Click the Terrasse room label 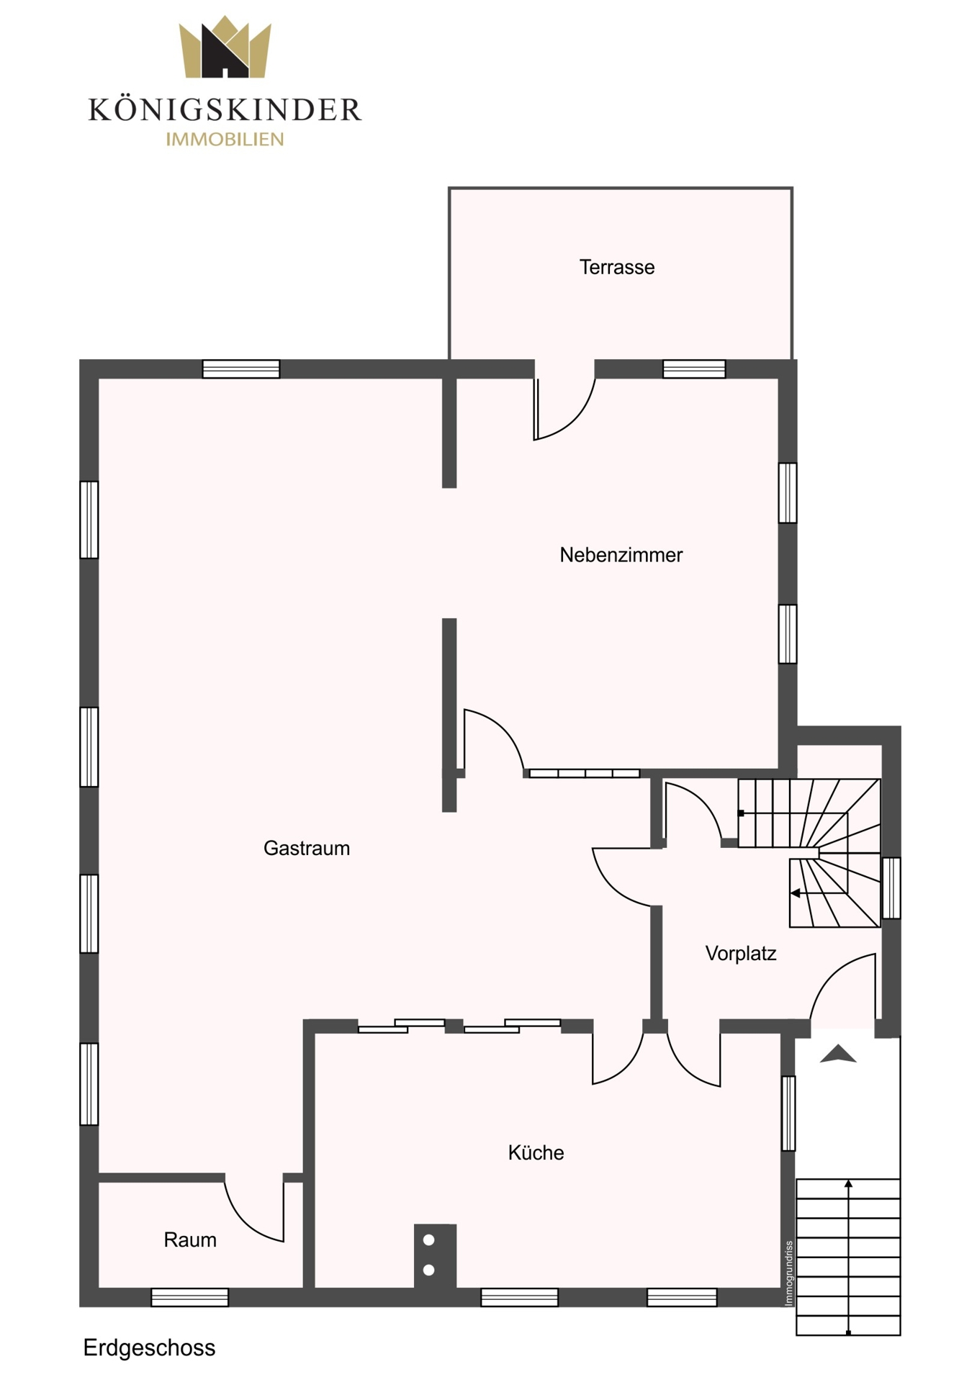point(617,267)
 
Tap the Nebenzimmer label point(621,555)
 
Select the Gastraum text point(307,848)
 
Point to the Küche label point(536,1152)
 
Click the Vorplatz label point(741,954)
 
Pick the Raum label point(190,1239)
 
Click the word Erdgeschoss point(149,1347)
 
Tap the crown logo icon point(225,47)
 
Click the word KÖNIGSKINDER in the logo point(225,110)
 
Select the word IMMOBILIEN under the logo point(225,140)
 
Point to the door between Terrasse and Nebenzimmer point(564,407)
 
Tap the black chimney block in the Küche point(435,1255)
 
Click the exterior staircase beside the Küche point(848,1257)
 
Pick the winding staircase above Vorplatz point(809,853)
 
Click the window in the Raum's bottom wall point(190,1297)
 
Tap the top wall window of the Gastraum point(241,369)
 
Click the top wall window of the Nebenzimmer point(694,369)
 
